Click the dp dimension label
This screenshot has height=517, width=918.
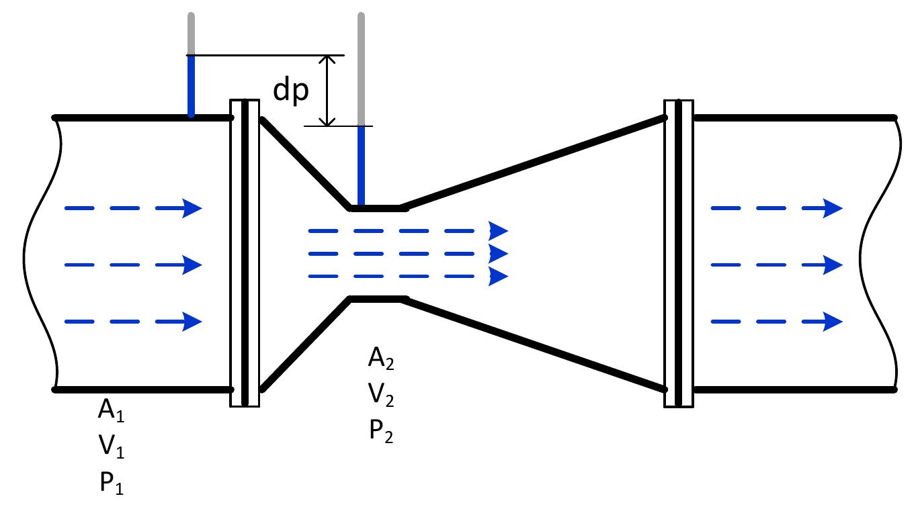point(291,90)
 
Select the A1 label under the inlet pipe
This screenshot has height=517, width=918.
point(111,411)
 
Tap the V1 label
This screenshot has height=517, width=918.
point(111,447)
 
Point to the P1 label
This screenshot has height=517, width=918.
point(111,483)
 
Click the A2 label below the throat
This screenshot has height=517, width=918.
point(380,359)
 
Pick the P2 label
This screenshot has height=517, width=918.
point(380,432)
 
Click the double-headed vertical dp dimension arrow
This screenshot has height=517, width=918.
point(327,90)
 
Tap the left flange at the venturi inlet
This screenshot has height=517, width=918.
point(245,253)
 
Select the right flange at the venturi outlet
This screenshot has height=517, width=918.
point(679,253)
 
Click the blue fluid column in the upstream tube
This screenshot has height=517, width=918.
point(192,86)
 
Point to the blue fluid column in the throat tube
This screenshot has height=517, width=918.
point(362,165)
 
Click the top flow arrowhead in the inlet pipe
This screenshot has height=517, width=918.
point(192,209)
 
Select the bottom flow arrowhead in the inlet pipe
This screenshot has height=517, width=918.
point(192,322)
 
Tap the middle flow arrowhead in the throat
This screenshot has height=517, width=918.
point(498,254)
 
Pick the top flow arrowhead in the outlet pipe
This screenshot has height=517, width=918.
point(832,209)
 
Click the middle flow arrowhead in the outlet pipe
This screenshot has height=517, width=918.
point(832,265)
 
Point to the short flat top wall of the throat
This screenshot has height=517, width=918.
point(378,208)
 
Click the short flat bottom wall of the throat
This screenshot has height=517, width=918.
point(378,299)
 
